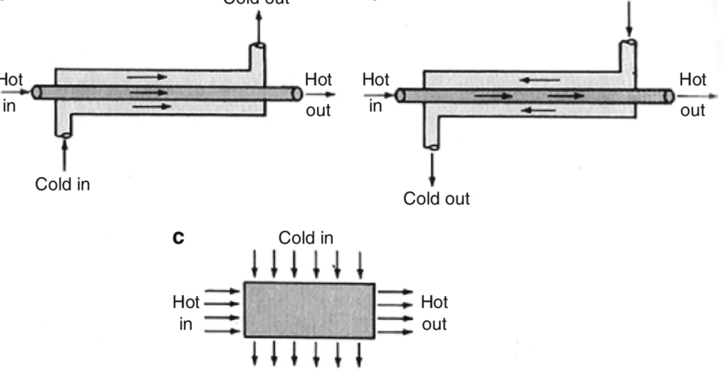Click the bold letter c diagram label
[x=179, y=239]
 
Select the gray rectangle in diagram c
[x=309, y=310]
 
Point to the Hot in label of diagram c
[x=186, y=313]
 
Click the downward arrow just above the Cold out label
[x=433, y=169]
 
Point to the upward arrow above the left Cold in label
[x=64, y=154]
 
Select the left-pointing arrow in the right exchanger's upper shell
[x=537, y=81]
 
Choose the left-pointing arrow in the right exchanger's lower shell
[x=537, y=110]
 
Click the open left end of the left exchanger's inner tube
[x=37, y=91]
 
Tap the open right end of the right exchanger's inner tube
[x=669, y=95]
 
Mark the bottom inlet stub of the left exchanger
[x=64, y=126]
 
